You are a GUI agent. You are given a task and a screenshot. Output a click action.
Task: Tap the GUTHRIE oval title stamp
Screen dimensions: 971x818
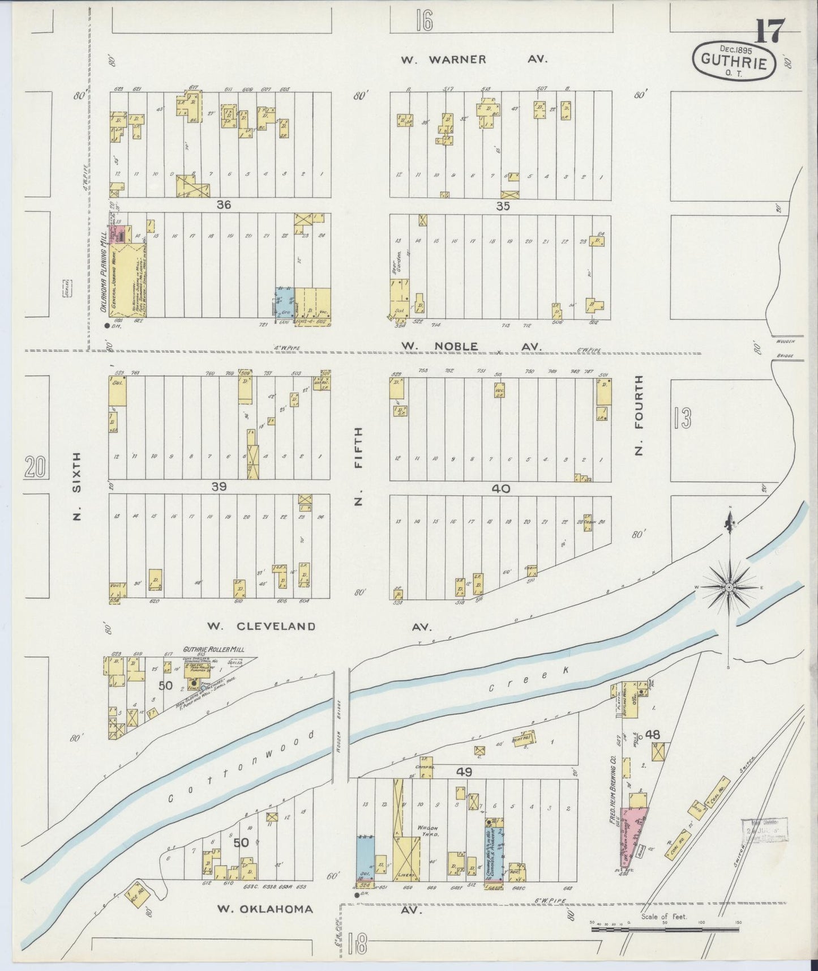(734, 59)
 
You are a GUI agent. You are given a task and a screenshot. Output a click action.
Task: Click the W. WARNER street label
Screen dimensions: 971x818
(443, 59)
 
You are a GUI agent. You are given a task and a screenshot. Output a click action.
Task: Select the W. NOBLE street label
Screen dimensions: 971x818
(439, 346)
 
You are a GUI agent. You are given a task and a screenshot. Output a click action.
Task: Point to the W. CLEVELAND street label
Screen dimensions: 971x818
(260, 626)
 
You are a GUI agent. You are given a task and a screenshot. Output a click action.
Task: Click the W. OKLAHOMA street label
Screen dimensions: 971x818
(265, 909)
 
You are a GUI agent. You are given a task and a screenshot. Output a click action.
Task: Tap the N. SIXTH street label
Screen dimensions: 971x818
(78, 485)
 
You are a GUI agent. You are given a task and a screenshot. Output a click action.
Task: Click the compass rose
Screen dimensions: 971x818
(729, 587)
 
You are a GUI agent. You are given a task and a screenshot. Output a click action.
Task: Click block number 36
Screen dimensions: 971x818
(224, 205)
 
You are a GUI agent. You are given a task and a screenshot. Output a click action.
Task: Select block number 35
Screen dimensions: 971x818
(503, 206)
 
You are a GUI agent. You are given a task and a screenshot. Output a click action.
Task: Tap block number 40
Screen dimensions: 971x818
(502, 488)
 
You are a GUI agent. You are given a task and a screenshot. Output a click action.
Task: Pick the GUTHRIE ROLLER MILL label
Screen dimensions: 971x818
(213, 649)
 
